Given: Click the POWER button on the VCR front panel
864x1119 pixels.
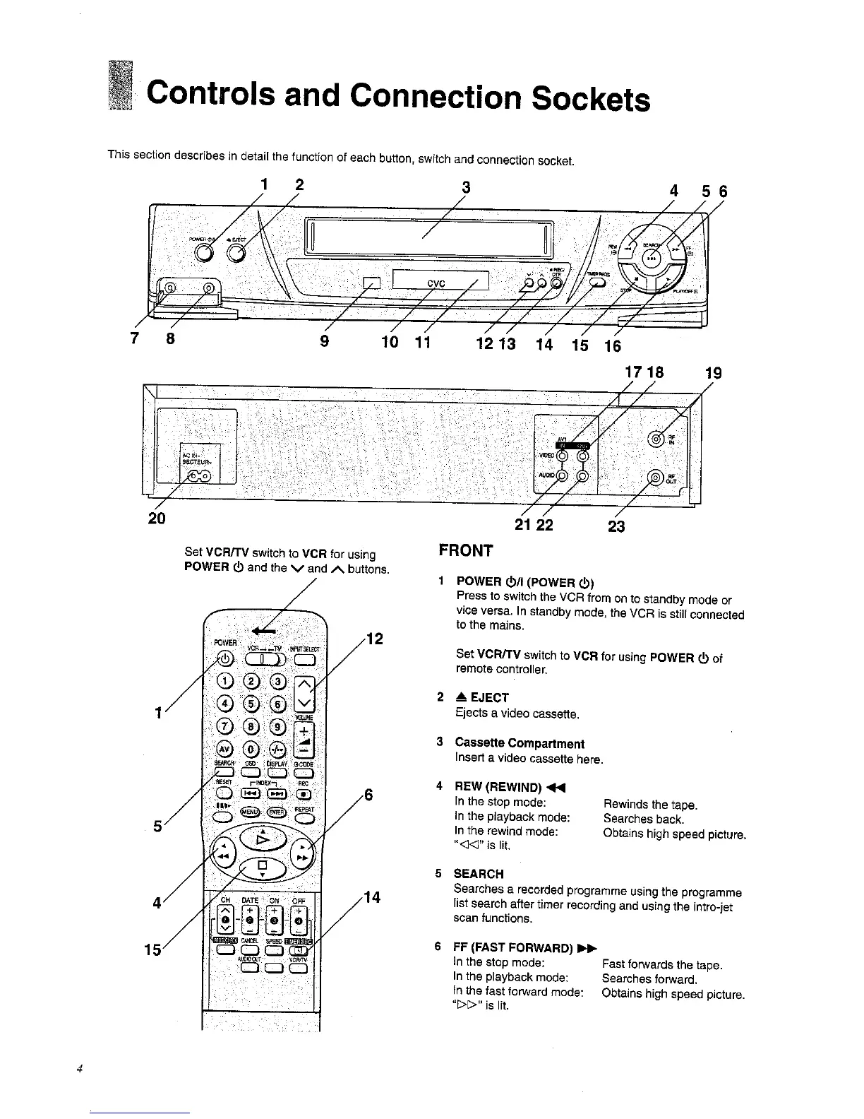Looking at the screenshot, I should coord(204,254).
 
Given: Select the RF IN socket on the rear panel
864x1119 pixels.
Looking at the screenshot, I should coord(656,440).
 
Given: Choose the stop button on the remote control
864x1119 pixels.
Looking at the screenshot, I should coord(261,866).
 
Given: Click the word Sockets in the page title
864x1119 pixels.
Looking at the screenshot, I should coord(591,99).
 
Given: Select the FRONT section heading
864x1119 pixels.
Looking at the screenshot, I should coord(465,551).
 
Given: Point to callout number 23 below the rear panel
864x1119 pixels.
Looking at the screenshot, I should coord(616,526).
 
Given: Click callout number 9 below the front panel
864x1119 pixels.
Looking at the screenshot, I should coord(325,341).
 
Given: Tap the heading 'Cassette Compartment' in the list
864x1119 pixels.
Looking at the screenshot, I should coord(520,743).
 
